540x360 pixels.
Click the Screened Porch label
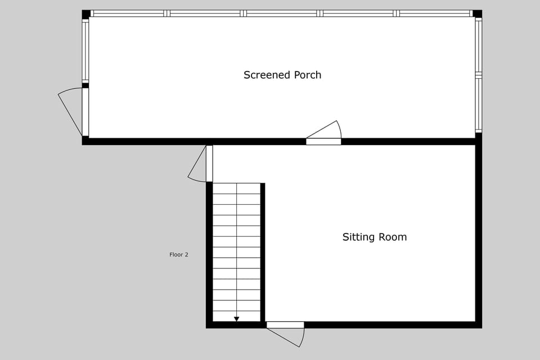(x=282, y=75)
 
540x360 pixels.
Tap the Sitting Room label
(x=374, y=237)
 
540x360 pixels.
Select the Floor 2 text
(x=179, y=255)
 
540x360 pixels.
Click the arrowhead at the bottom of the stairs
(x=236, y=319)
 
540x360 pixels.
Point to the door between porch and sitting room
(x=324, y=141)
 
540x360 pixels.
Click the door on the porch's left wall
(x=85, y=112)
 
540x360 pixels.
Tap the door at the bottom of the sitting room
(x=285, y=325)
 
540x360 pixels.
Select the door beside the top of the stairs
(x=209, y=164)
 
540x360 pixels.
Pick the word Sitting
(x=358, y=237)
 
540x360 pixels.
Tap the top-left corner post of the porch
(x=86, y=14)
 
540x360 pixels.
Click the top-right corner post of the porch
(x=477, y=14)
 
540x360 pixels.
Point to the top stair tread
(x=236, y=188)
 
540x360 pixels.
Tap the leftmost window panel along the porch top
(x=128, y=13)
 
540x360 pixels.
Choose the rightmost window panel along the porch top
(x=434, y=13)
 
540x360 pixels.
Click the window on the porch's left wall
(x=85, y=51)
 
